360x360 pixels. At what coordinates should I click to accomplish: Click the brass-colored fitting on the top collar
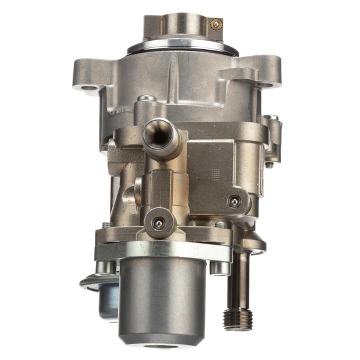(x=215, y=24)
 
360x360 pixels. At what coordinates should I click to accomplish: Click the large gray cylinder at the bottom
(x=161, y=300)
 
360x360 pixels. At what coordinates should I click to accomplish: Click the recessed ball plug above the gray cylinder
(x=158, y=223)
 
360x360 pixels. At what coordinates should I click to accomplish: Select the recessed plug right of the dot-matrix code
(x=235, y=202)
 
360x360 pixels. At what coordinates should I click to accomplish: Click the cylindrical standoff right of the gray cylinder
(x=220, y=267)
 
